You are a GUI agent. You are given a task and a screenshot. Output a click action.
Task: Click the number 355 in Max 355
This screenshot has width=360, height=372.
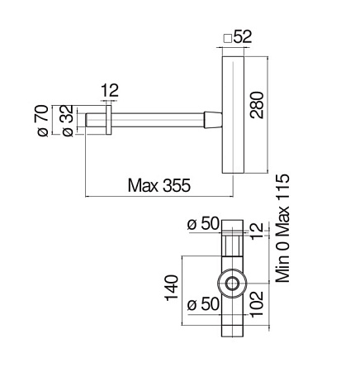point(175,186)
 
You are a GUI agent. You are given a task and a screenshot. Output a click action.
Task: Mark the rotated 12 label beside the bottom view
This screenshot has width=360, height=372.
point(258,231)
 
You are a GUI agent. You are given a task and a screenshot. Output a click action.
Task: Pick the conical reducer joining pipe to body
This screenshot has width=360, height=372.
point(213,119)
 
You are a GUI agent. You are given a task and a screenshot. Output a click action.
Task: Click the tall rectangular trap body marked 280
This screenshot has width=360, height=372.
point(234,116)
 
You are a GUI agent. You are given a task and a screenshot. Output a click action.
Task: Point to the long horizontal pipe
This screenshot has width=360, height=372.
point(157,119)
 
